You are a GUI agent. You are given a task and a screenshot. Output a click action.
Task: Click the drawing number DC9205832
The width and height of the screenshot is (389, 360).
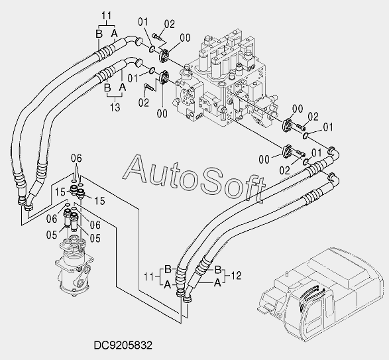point(123,345)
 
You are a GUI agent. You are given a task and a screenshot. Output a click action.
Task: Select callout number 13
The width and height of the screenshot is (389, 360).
point(115,107)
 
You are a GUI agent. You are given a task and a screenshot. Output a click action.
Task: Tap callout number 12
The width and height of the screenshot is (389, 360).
point(236,275)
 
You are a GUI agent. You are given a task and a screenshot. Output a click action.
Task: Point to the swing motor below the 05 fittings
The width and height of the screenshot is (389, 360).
point(74,266)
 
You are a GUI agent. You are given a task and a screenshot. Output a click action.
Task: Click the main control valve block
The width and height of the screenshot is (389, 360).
point(226,80)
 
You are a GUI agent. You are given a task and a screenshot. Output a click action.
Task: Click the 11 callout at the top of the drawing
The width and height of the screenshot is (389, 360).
point(106,16)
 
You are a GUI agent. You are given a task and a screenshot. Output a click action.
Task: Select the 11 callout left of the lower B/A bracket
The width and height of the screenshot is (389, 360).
point(149,276)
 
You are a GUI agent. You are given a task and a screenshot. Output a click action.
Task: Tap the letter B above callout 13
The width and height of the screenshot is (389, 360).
point(107,88)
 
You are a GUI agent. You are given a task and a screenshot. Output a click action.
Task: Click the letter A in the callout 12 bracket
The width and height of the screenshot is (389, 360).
point(217,282)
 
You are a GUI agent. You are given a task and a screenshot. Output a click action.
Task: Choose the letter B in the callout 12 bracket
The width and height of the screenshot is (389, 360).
point(218,269)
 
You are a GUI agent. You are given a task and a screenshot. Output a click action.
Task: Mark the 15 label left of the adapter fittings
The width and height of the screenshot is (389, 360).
point(60,192)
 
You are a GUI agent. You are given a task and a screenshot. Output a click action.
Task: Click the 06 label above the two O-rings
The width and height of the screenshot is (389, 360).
point(76,158)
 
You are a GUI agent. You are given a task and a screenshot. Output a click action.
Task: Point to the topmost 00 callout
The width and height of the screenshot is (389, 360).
point(186,38)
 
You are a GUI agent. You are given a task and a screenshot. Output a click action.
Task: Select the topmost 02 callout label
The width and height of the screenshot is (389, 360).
point(170,24)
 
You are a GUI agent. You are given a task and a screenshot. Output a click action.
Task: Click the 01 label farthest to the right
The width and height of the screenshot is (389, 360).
point(328,127)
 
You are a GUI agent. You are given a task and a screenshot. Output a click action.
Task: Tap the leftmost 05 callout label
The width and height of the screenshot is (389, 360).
point(52,235)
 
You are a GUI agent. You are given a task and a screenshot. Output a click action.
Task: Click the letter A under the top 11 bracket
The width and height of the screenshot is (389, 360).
point(114,33)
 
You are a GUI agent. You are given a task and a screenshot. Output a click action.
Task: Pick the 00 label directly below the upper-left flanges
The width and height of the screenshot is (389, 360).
point(162,114)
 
